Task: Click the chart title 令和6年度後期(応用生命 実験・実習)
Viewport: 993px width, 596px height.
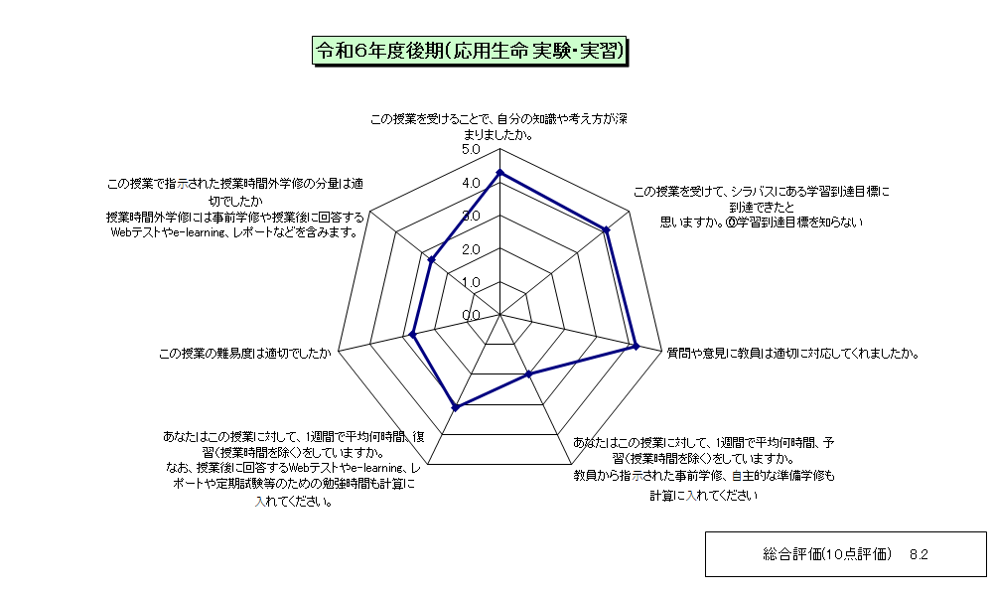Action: [470, 51]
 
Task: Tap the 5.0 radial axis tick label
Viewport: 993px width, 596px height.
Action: [471, 149]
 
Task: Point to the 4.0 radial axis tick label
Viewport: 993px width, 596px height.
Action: [471, 183]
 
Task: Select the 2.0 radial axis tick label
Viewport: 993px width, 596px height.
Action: [471, 249]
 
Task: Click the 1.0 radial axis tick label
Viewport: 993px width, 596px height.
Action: [471, 282]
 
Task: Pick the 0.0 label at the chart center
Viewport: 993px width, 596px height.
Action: [471, 316]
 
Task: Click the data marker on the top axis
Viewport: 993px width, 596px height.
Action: [499, 172]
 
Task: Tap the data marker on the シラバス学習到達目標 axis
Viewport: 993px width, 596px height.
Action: [606, 229]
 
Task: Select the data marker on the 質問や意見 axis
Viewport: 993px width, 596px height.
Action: [637, 346]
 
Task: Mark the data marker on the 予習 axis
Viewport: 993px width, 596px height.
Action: [529, 374]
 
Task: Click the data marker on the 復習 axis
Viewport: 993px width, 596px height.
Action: [455, 408]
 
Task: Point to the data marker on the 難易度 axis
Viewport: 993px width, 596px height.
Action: [413, 335]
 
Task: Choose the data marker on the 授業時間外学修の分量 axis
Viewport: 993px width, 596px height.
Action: [432, 259]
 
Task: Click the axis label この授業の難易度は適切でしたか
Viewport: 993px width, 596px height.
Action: [245, 354]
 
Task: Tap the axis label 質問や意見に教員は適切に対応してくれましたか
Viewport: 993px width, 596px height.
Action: [792, 354]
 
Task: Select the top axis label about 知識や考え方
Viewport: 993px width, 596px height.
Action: [498, 127]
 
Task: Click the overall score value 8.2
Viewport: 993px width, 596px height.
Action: [919, 555]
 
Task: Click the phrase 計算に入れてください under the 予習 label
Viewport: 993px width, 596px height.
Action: [704, 496]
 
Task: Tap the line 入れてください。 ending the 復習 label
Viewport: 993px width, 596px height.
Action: [295, 502]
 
